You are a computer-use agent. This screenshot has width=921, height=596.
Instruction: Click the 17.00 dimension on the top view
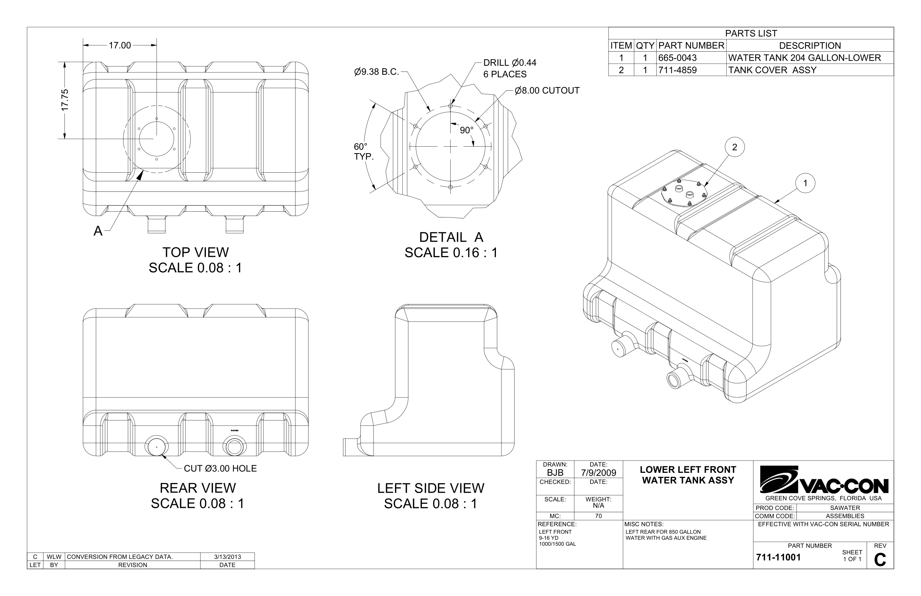click(x=120, y=46)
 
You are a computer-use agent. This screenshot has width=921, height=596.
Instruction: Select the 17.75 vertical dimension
click(x=65, y=100)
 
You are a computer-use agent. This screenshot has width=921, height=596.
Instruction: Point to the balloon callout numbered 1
click(x=805, y=183)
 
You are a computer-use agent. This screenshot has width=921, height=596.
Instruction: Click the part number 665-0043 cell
click(x=677, y=58)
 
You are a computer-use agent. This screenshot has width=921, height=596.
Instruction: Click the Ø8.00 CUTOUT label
click(x=547, y=91)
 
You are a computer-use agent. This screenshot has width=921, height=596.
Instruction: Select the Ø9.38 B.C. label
click(x=376, y=72)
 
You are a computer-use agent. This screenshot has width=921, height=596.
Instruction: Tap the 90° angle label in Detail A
click(x=466, y=130)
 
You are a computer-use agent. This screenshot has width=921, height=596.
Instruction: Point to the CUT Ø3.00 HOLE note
click(x=220, y=469)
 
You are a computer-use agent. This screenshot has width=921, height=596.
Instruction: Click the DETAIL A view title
click(x=451, y=237)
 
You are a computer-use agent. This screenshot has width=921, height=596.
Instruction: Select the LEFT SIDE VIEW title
click(x=430, y=488)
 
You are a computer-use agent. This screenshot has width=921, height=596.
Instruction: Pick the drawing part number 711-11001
click(x=778, y=557)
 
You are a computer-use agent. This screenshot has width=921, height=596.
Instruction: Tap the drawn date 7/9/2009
click(x=598, y=473)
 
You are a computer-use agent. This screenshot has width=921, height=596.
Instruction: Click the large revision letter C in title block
click(x=879, y=560)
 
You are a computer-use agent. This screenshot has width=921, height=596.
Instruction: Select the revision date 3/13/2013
click(x=227, y=557)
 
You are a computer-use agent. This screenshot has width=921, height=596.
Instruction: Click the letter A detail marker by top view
click(x=98, y=231)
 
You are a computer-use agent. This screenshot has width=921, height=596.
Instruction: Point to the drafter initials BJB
click(x=555, y=473)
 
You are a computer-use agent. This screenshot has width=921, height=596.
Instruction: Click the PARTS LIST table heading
click(x=751, y=33)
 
